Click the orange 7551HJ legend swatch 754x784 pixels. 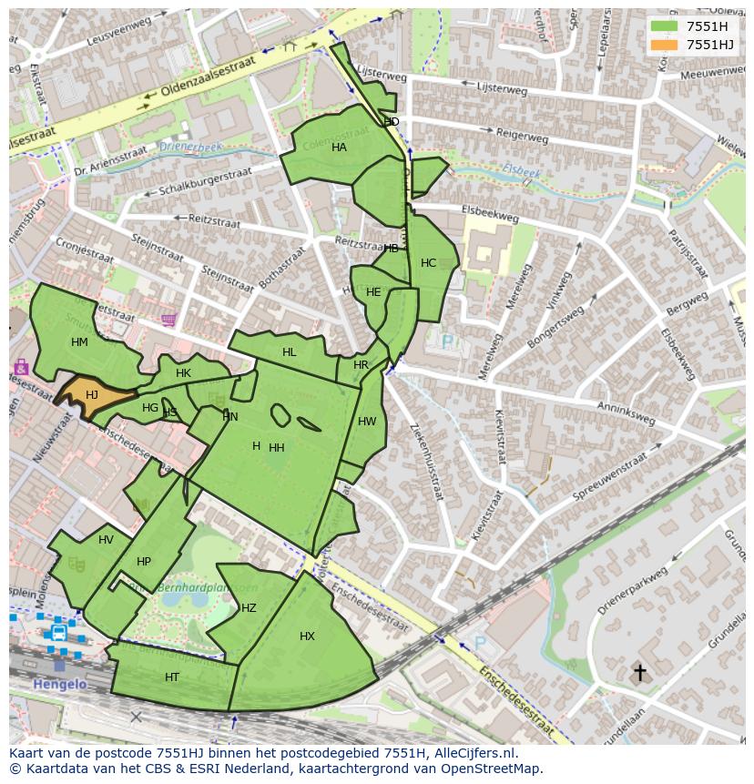(x=665, y=45)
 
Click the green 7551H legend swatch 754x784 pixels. (x=665, y=26)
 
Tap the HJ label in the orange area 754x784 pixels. (x=91, y=394)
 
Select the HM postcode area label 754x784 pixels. (x=79, y=342)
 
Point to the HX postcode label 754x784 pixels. (x=307, y=636)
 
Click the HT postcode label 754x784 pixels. (x=172, y=677)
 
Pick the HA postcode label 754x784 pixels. (x=339, y=148)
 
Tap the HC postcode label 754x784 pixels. (x=428, y=263)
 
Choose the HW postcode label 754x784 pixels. (x=367, y=422)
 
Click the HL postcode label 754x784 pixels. (x=290, y=352)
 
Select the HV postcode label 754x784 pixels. (x=106, y=540)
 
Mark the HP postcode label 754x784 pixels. (x=144, y=562)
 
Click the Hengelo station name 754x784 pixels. (x=59, y=684)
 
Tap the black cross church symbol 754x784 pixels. (x=639, y=673)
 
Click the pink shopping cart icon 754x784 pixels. (x=168, y=320)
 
